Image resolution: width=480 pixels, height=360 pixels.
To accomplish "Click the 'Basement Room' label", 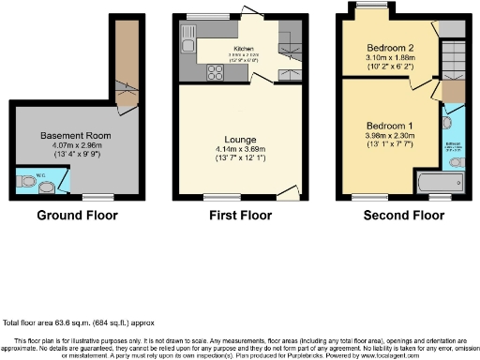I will (x=76, y=136).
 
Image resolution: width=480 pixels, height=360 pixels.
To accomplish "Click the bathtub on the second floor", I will (x=431, y=184).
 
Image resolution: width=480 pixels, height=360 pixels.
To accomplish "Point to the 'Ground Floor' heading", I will (x=77, y=217).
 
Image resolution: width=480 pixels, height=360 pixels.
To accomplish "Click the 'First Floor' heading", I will (x=239, y=217).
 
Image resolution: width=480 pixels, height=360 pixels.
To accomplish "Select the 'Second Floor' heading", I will (x=403, y=217).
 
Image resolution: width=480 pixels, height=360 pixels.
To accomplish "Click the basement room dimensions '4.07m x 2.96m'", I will (x=76, y=146).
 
